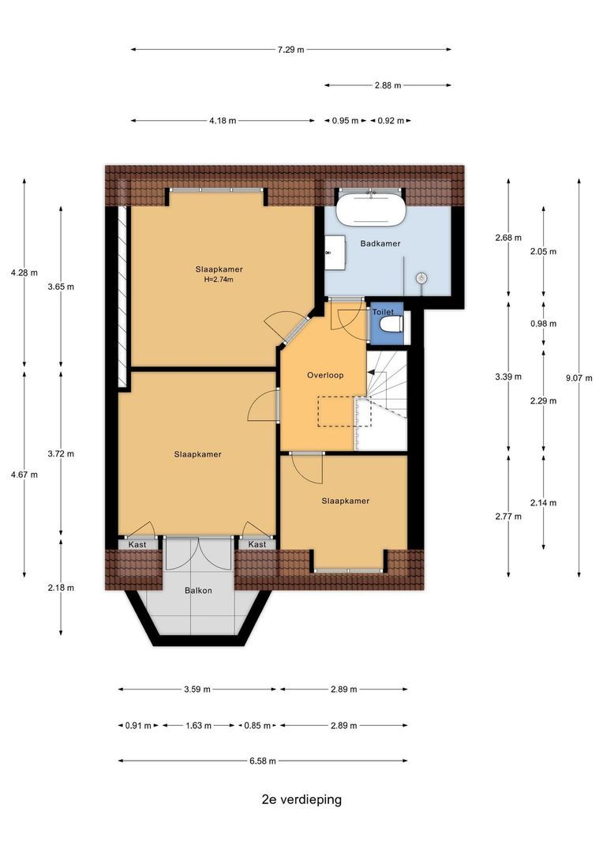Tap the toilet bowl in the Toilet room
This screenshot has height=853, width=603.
point(391,325)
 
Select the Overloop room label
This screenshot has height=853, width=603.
point(325,375)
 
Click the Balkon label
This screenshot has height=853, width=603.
point(198,590)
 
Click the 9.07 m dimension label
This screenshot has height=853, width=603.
point(579,378)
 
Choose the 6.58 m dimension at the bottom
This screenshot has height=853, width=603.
point(263,761)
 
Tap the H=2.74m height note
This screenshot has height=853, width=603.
point(219,280)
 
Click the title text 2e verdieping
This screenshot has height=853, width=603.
point(301,799)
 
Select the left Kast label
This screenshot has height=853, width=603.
point(137,544)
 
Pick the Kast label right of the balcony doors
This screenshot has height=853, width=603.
point(257,544)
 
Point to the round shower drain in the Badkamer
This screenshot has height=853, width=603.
point(421,278)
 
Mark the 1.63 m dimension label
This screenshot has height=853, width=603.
point(198,725)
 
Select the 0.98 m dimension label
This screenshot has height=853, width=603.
point(543,324)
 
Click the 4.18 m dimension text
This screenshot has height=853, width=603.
point(223,121)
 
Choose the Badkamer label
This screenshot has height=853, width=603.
point(380,243)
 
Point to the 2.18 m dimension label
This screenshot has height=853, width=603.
point(61,588)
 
